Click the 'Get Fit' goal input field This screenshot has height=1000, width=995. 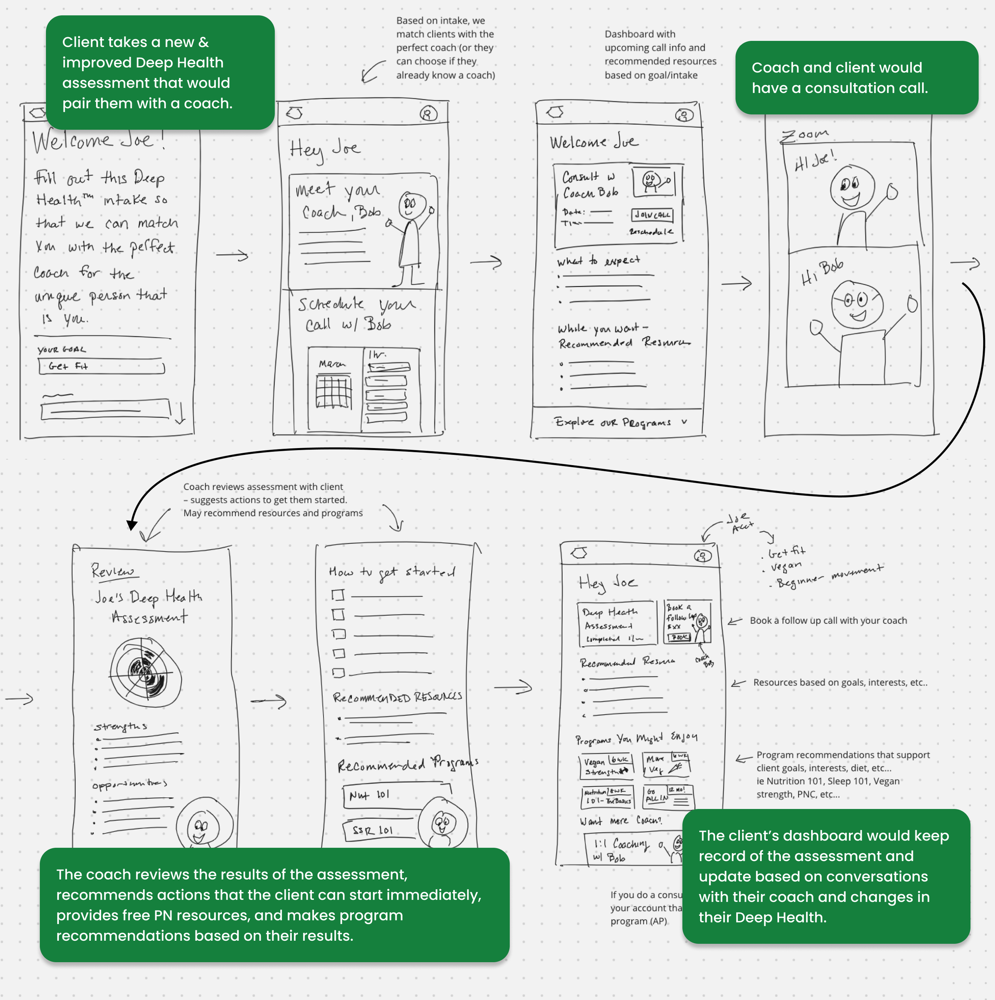coord(101,366)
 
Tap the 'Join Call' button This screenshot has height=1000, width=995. coord(652,214)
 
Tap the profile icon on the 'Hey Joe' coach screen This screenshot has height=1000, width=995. coord(428,113)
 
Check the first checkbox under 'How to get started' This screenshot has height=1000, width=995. coord(338,595)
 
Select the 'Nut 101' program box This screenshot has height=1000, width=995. coord(396,795)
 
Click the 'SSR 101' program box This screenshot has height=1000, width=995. coord(379,830)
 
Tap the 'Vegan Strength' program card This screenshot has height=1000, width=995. coord(606,766)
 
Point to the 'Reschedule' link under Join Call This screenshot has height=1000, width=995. coord(651,232)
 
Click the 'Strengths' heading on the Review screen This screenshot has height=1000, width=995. coord(121,727)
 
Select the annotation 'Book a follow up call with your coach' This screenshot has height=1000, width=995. coord(828,621)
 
